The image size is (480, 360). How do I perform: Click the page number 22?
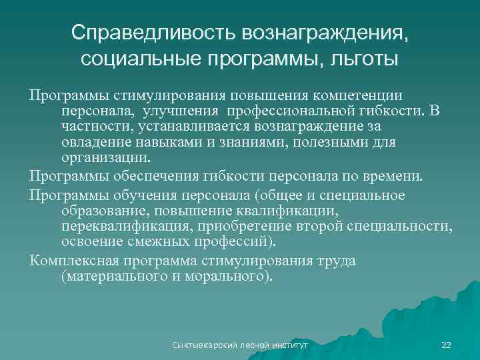(x=446, y=345)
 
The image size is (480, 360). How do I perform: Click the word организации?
(x=106, y=159)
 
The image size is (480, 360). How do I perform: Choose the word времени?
(x=393, y=176)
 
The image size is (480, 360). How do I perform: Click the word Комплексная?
(x=72, y=260)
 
